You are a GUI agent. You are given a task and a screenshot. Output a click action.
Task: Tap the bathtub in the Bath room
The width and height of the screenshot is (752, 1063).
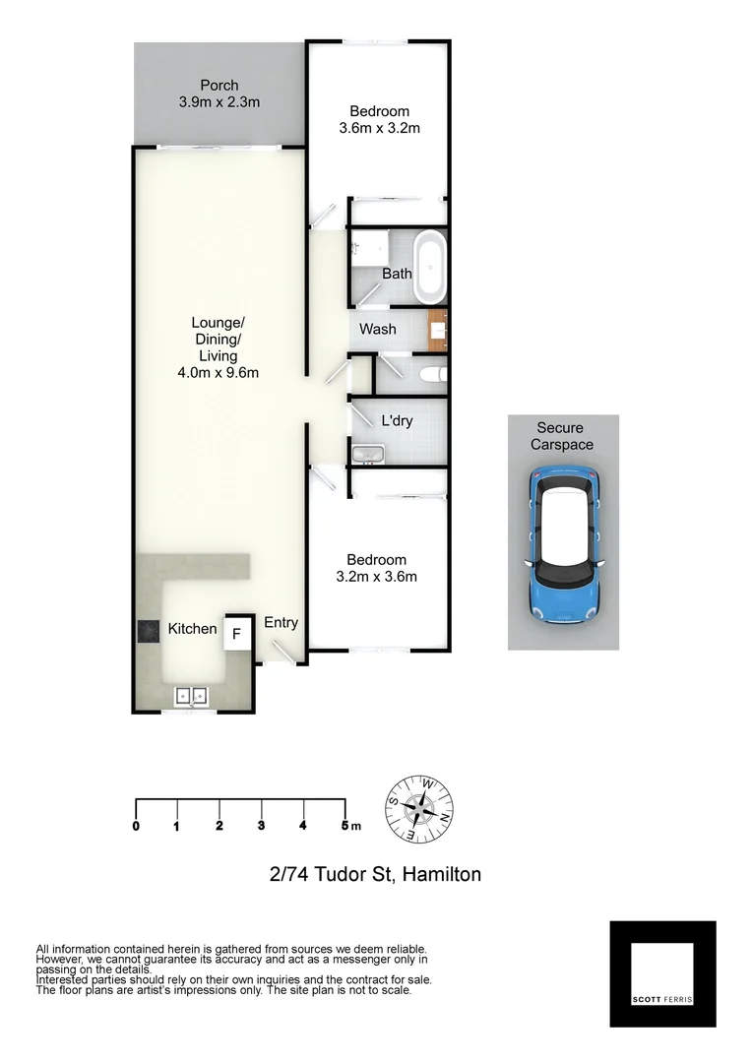click(430, 268)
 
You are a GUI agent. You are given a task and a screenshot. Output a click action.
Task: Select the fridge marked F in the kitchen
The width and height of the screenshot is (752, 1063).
click(236, 634)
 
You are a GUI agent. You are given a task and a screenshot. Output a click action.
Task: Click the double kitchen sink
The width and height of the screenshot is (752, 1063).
click(192, 697)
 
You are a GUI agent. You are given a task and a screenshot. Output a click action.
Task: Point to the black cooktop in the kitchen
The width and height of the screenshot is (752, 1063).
click(149, 630)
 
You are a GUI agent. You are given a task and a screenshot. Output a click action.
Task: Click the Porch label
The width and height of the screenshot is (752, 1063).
click(219, 86)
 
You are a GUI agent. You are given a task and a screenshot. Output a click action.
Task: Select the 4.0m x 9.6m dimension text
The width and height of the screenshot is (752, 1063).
click(218, 372)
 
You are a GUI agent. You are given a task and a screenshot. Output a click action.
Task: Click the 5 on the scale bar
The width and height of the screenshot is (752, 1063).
click(345, 826)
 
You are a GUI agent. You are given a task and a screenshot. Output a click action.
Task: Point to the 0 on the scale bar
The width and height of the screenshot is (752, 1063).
click(136, 826)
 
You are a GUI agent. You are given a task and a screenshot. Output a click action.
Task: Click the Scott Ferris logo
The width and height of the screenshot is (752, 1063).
click(662, 973)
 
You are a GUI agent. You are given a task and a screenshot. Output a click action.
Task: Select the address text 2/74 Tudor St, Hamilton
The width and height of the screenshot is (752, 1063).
click(375, 873)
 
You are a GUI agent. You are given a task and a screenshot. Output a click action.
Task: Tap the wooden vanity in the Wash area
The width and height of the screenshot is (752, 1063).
click(438, 329)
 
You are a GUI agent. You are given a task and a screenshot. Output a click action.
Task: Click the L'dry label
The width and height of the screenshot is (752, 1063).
click(397, 420)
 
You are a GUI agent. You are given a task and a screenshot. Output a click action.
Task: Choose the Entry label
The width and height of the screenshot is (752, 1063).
click(281, 623)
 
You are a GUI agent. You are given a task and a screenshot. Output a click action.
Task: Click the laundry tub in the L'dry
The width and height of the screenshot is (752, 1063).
click(368, 453)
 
